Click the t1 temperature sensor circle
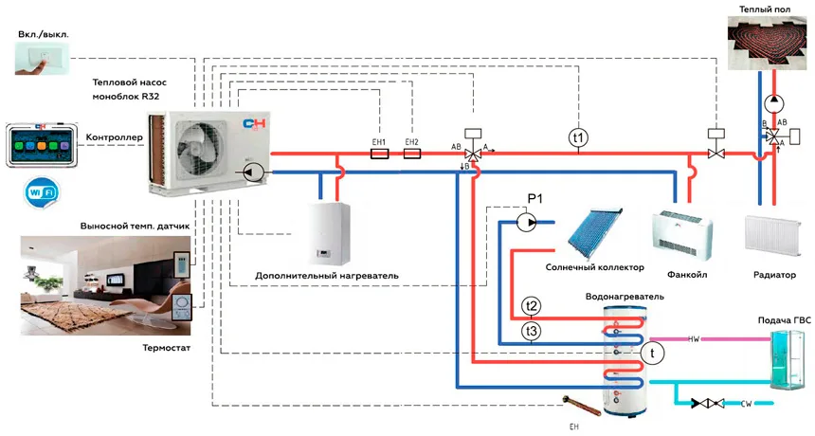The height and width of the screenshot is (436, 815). (578, 138)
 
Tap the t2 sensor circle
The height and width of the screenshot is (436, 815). (532, 305)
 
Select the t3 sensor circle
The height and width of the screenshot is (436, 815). (532, 331)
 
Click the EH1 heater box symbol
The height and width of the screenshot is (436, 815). (379, 154)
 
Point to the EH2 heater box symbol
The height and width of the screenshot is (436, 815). (412, 154)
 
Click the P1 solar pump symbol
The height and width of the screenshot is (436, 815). (527, 223)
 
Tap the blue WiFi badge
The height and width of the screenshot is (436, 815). (43, 192)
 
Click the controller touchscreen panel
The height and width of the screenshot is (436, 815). (42, 145)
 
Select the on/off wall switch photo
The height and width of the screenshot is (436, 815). (42, 58)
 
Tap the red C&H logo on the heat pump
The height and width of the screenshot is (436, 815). (254, 124)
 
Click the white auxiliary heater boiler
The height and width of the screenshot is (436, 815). (329, 232)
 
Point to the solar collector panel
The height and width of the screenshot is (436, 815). (594, 235)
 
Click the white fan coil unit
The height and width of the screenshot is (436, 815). (682, 235)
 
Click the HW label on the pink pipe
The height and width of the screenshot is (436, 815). (694, 339)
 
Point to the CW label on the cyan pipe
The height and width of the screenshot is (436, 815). (746, 403)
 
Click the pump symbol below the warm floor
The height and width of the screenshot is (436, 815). (774, 103)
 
